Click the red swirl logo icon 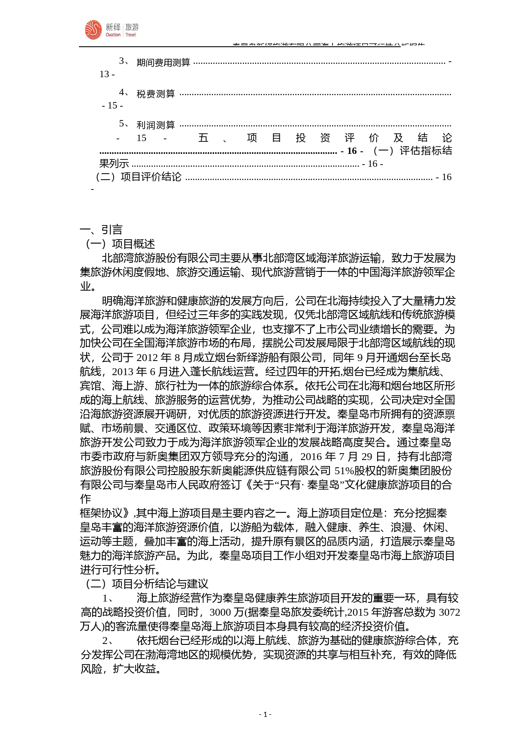[93, 30]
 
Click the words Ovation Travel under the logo [121, 35]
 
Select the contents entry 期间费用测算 [163, 63]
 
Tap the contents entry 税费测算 [155, 94]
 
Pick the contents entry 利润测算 [155, 125]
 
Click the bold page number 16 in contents [352, 151]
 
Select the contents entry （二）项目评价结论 [138, 177]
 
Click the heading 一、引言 [101, 230]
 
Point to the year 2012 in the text [148, 358]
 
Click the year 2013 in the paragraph [123, 372]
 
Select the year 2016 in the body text [312, 457]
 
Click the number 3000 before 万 [220, 612]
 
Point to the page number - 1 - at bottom [265, 714]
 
